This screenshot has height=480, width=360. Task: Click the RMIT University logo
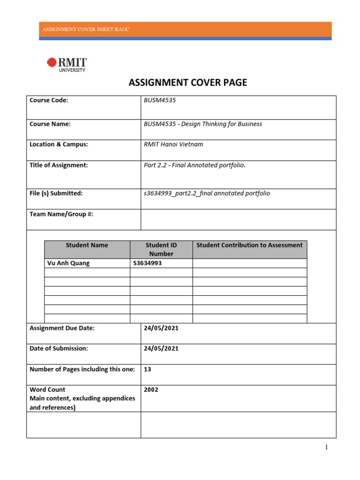click(x=67, y=65)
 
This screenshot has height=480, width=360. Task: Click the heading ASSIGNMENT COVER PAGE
click(x=187, y=83)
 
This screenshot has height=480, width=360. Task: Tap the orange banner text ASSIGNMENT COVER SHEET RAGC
click(x=86, y=29)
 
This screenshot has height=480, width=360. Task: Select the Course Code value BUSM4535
click(x=160, y=100)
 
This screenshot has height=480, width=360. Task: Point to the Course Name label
click(x=50, y=124)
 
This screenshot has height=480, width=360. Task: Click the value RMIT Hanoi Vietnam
click(x=173, y=144)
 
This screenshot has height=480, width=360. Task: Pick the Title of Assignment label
click(x=59, y=165)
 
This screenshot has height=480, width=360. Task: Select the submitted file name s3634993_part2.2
click(x=207, y=193)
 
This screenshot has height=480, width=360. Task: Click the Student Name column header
click(x=87, y=245)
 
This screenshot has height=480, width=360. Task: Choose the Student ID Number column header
click(x=161, y=249)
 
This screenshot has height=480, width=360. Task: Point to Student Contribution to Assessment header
click(x=249, y=245)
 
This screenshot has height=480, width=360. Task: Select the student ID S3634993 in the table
click(x=148, y=263)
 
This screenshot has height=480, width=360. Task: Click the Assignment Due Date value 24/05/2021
click(x=161, y=328)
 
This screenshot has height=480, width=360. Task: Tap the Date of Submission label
click(x=59, y=348)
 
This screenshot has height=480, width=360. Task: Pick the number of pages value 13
click(x=148, y=369)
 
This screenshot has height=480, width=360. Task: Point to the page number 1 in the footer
click(x=327, y=447)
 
